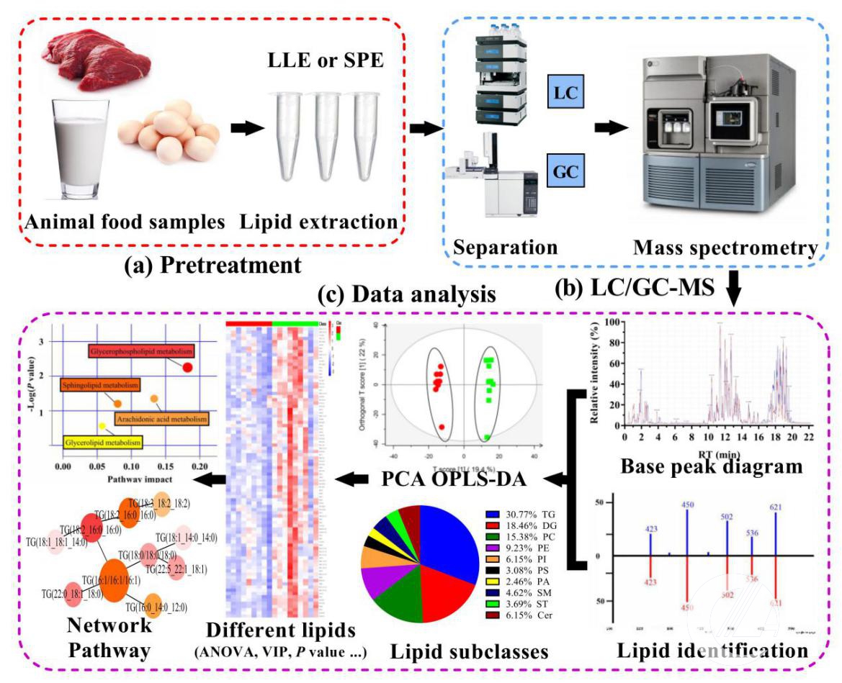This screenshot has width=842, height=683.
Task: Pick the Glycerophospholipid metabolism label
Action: pos(143,351)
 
